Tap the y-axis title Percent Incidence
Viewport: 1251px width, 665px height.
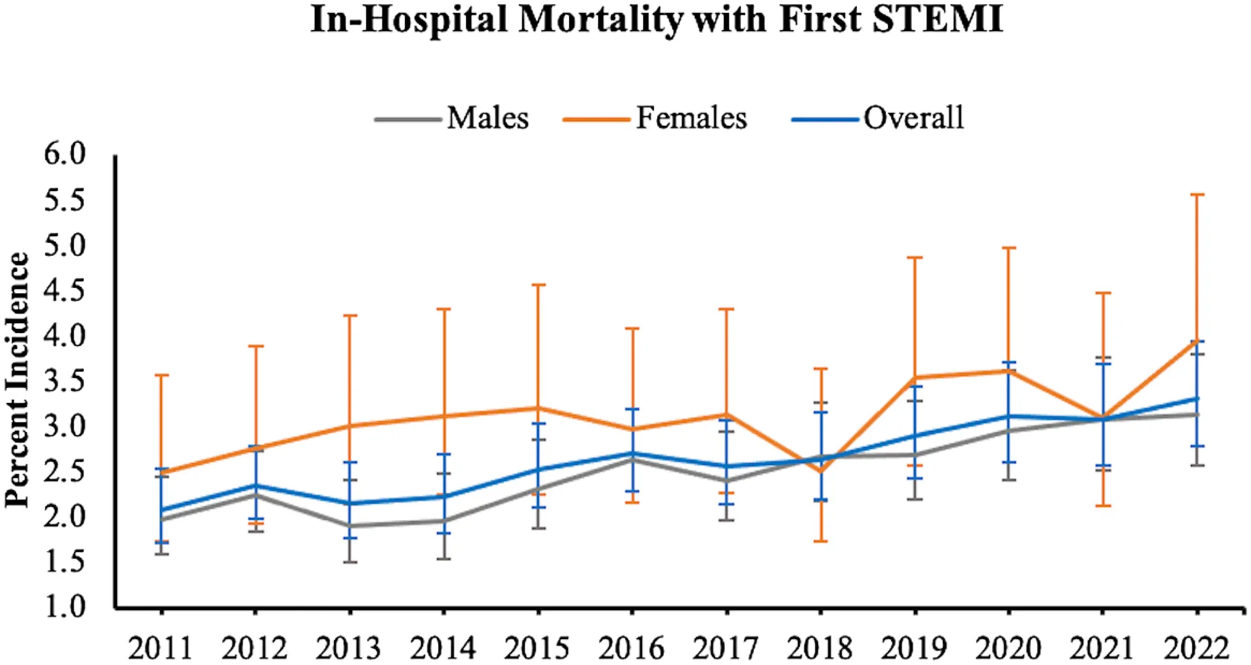pos(18,380)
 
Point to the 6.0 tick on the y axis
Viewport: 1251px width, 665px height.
pos(65,154)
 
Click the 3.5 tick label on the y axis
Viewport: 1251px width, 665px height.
pos(65,380)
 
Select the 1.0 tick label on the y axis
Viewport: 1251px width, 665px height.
pos(65,607)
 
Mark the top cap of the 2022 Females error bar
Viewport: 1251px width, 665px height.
pos(1197,195)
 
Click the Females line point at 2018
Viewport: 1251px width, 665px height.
pos(821,472)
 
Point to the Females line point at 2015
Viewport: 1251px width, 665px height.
pos(538,408)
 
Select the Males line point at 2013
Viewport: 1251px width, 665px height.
pos(350,526)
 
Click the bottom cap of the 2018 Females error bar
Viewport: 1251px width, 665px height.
pos(821,541)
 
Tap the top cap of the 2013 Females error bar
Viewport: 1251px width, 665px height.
pos(350,316)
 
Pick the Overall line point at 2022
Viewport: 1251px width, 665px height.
pos(1197,398)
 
